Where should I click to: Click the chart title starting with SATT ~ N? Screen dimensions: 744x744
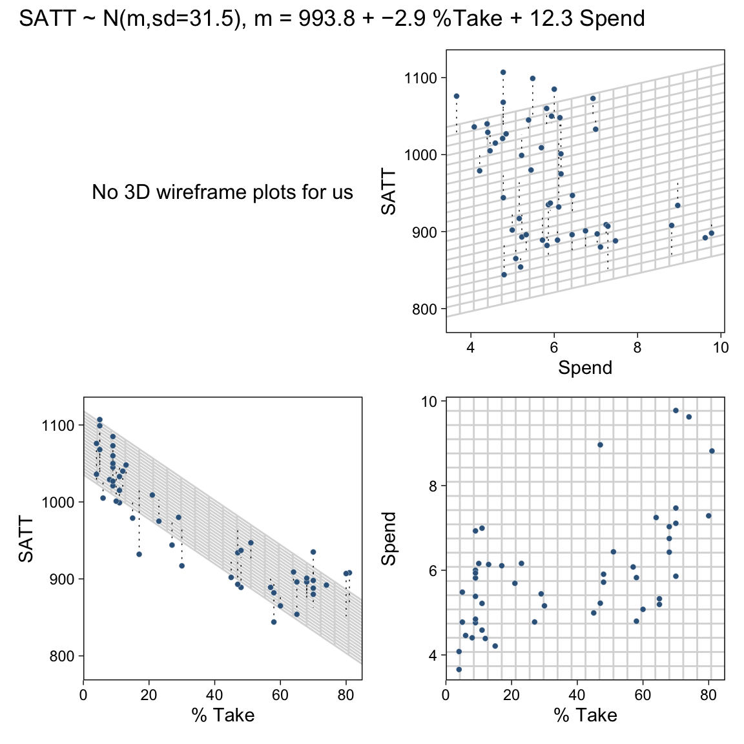click(332, 19)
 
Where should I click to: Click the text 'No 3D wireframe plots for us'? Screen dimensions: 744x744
click(222, 192)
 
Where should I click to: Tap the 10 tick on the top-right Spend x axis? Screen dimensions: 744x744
click(721, 347)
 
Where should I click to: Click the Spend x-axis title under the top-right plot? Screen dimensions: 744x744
click(584, 367)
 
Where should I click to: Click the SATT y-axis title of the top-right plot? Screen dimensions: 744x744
click(388, 192)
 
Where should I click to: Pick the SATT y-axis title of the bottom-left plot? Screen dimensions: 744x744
click(26, 539)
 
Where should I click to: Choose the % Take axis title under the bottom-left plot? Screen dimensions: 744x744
click(223, 715)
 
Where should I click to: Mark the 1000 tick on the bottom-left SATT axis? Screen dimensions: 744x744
click(59, 502)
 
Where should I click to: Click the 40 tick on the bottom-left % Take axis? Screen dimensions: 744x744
click(214, 695)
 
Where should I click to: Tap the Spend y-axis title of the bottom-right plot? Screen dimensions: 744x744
click(388, 539)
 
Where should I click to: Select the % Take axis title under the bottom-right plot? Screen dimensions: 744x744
click(585, 715)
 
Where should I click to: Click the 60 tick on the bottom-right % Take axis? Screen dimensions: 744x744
click(643, 695)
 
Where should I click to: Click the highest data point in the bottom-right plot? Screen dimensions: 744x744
click(676, 410)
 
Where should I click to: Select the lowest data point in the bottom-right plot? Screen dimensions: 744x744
click(459, 670)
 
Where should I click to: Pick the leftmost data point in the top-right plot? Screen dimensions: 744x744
click(457, 96)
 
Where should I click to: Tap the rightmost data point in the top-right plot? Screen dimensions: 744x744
click(711, 233)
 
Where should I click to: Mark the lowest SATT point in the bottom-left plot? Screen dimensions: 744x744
click(273, 622)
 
